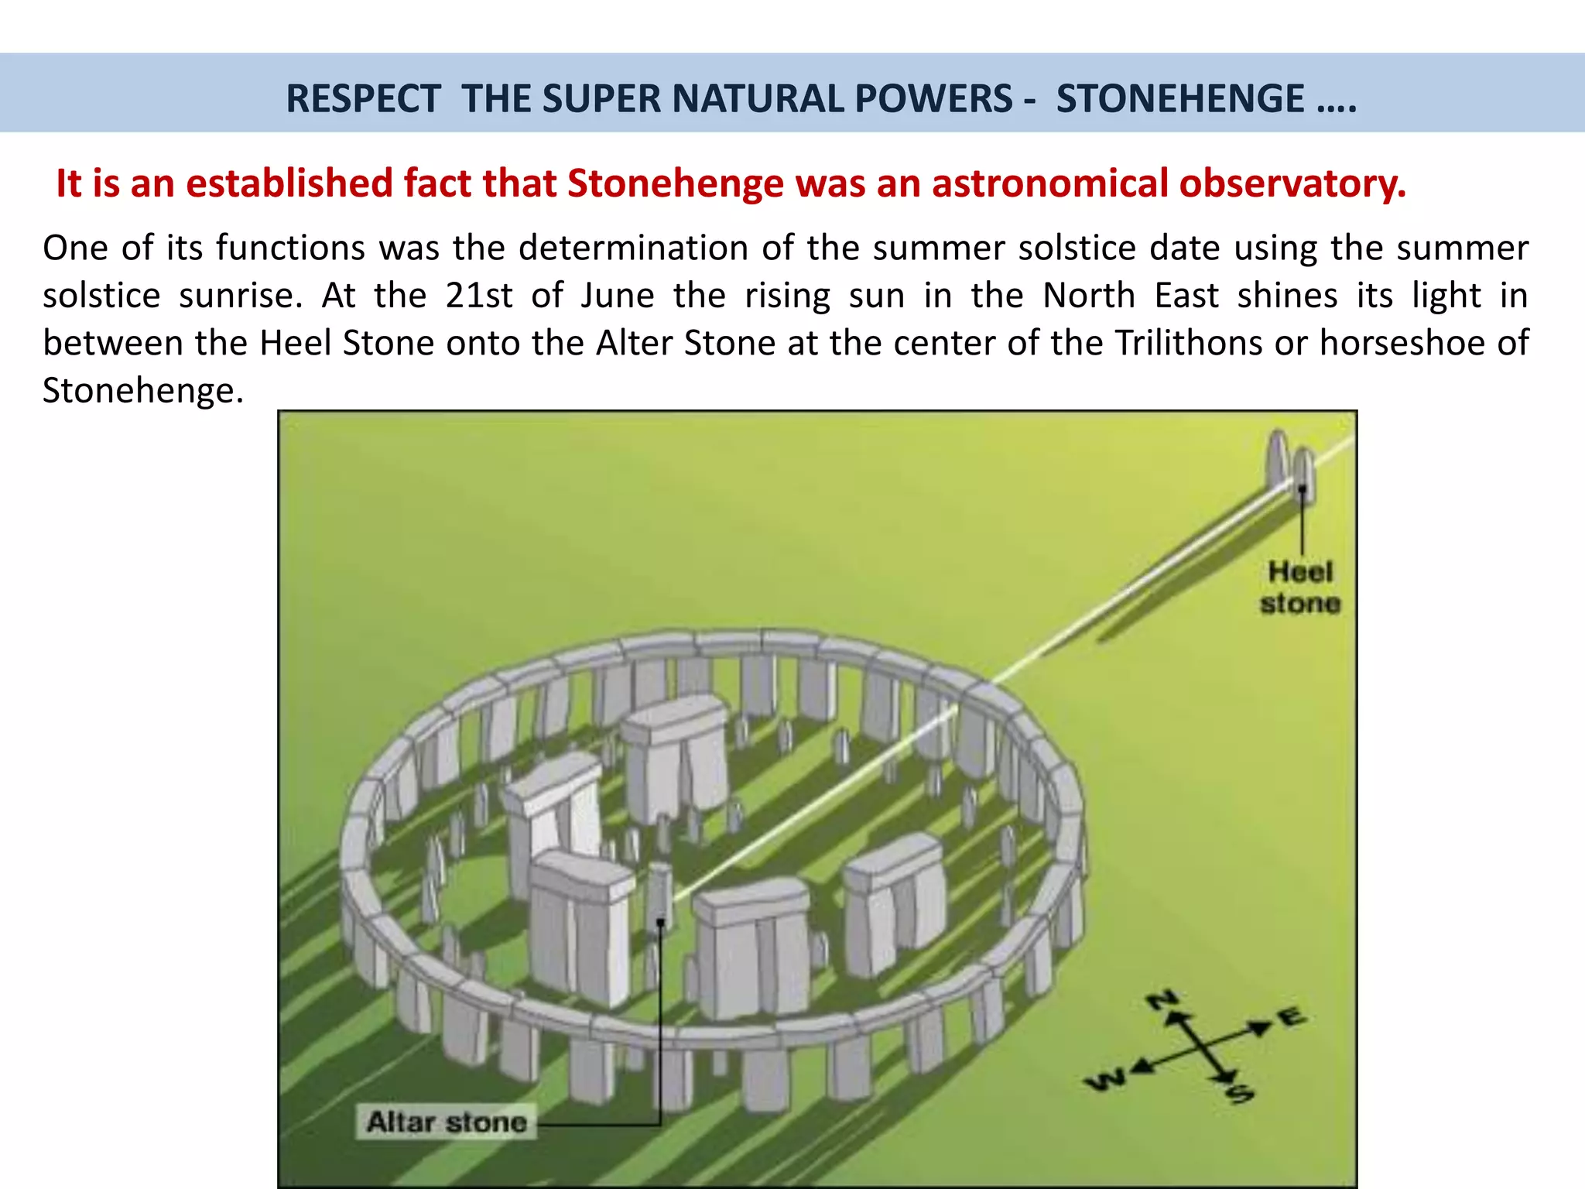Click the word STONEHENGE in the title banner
1180,99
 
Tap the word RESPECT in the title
363,99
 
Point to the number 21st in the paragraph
478,296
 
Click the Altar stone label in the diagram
447,1122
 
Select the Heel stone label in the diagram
1300,588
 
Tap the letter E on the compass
1291,1017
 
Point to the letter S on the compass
1240,1094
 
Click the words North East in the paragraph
1130,296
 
